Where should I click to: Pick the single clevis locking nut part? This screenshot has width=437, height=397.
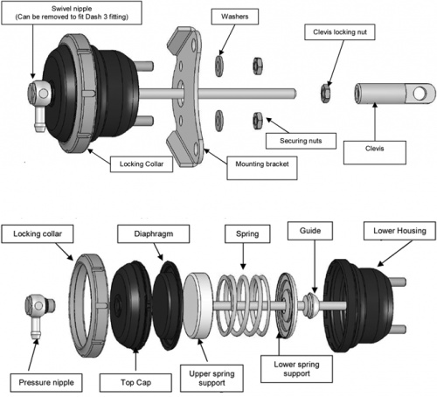[323, 89]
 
